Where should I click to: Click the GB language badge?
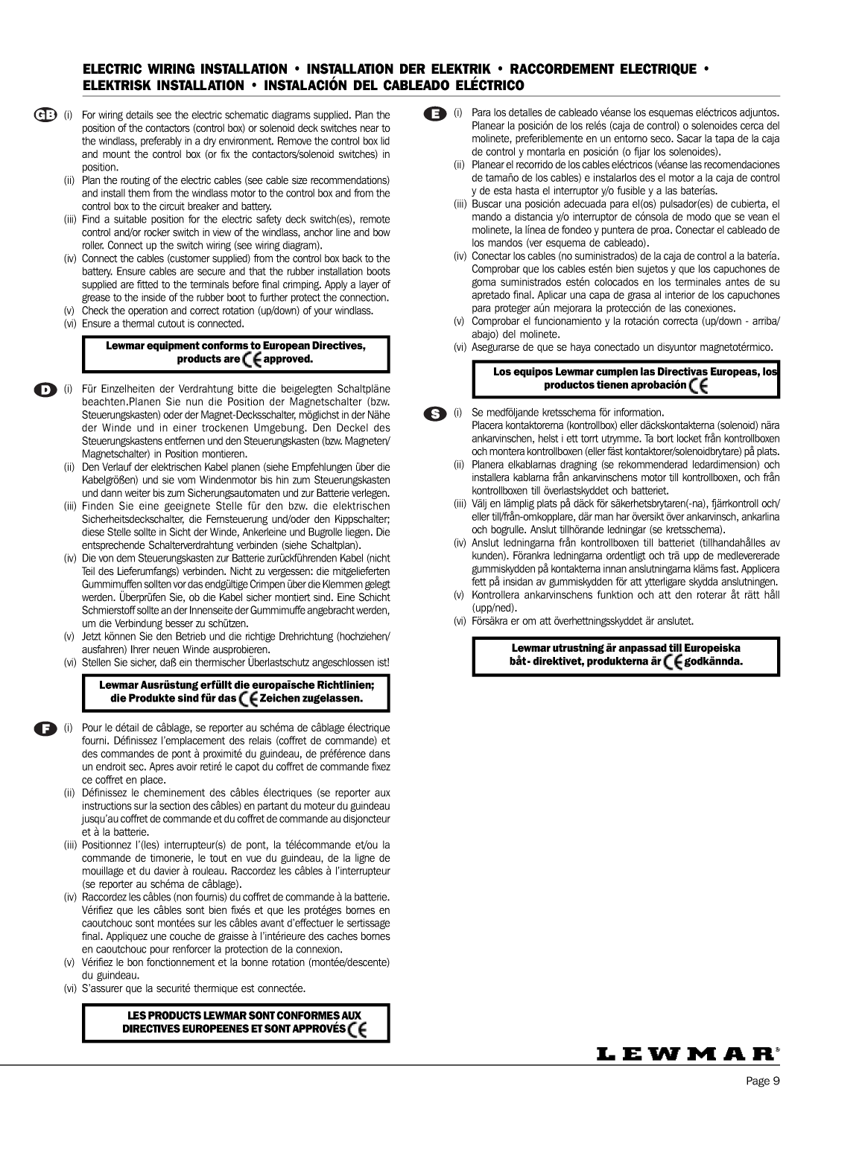pos(45,115)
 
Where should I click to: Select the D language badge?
pos(45,389)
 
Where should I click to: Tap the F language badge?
pos(45,727)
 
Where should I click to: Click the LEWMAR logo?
pos(688,1053)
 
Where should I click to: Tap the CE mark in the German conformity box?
pos(249,699)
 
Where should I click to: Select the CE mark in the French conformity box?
pos(358,1029)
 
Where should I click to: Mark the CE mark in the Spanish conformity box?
pos(698,385)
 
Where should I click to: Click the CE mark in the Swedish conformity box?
pos(673,661)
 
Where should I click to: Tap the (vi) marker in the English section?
pos(70,324)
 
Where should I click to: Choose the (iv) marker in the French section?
pos(70,897)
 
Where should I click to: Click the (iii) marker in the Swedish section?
pos(461,503)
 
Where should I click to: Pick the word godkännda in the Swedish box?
pos(713,661)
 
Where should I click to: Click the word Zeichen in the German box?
pos(279,699)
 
